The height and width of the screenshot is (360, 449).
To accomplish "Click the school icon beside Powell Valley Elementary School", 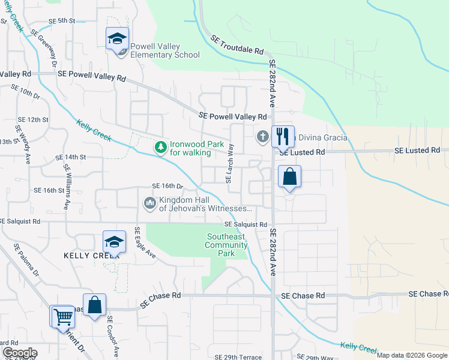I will (116, 40).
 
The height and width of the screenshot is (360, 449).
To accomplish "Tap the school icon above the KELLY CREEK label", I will (114, 242).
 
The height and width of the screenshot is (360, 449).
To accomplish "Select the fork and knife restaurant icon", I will (282, 136).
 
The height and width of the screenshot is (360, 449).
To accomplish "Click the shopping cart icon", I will (62, 316).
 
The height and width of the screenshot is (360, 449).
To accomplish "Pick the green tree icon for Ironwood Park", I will (160, 147).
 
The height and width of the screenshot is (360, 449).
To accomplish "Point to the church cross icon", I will (262, 137).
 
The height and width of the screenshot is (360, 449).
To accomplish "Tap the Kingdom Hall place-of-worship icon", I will (149, 204).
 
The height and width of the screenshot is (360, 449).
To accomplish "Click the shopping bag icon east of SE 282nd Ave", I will (289, 177).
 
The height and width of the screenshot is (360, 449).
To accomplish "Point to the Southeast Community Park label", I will (226, 245).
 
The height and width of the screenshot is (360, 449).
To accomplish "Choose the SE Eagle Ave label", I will (144, 242).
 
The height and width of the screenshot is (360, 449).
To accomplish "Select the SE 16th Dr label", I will (167, 186).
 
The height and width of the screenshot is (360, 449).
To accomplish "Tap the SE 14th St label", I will (71, 157).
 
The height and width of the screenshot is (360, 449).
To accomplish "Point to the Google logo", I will (19, 353).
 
